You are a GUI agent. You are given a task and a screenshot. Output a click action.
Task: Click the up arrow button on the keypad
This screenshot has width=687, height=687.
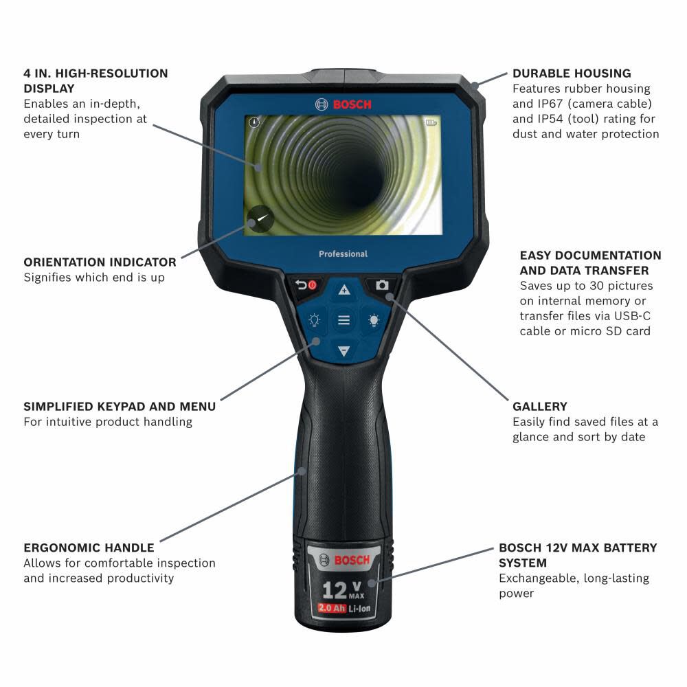click(343, 290)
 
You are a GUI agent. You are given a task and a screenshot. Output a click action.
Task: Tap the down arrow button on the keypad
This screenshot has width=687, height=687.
click(343, 352)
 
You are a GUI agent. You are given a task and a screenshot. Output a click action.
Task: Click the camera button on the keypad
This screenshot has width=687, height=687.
click(382, 285)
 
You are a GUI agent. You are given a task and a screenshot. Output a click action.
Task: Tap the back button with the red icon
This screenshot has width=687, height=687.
click(305, 285)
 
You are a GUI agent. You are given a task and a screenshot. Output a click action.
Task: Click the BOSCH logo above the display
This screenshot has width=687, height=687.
click(343, 104)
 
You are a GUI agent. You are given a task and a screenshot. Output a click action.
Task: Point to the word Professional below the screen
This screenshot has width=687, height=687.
click(343, 254)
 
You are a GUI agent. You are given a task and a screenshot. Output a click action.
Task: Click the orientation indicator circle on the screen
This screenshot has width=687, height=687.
click(260, 220)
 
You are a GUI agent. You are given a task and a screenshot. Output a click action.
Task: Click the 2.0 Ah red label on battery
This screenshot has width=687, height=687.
click(331, 608)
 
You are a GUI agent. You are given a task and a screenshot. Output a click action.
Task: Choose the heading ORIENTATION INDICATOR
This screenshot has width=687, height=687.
click(100, 262)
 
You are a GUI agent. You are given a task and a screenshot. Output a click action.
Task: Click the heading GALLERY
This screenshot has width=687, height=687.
click(540, 407)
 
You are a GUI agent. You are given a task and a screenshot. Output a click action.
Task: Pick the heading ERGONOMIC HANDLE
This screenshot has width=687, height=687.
click(89, 548)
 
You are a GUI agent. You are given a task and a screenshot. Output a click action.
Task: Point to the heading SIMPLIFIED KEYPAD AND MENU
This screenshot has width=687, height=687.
click(120, 407)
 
